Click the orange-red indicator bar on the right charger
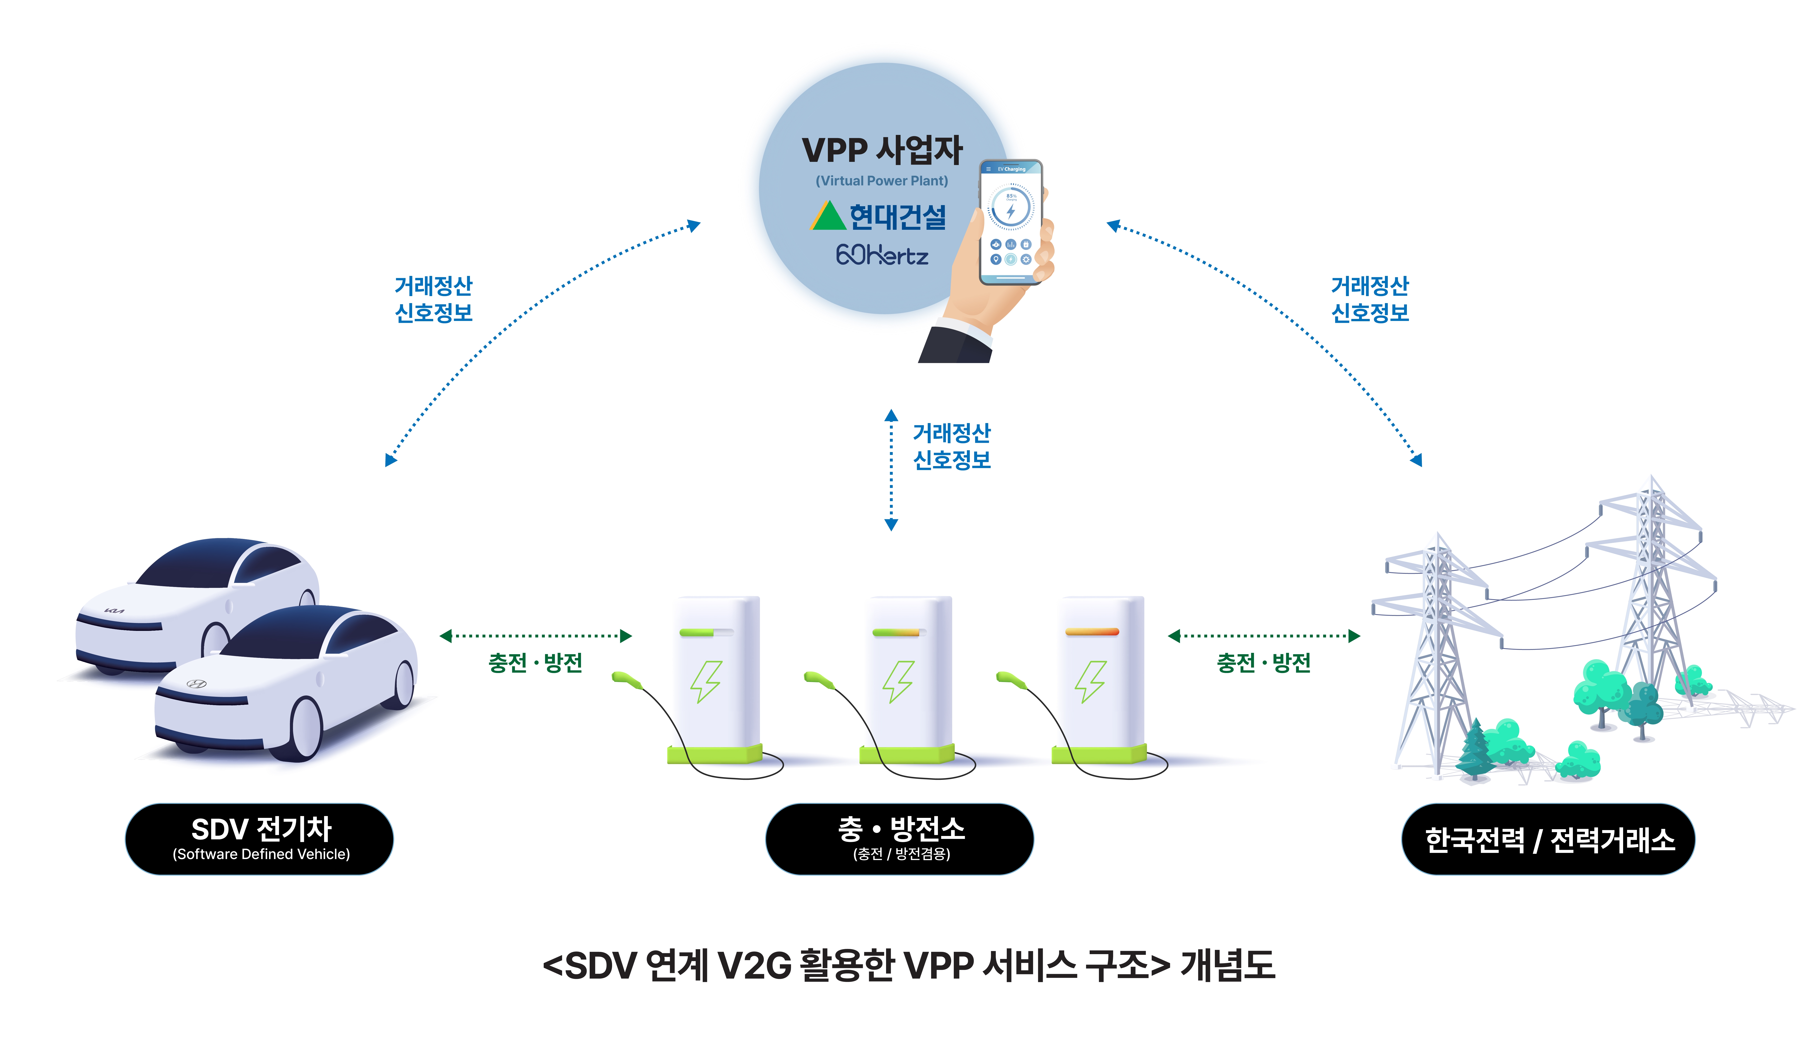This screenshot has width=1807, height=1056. coord(1091,632)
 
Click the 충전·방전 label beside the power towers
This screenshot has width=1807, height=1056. coord(1264,662)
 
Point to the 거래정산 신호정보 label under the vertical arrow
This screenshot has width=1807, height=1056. coord(952,446)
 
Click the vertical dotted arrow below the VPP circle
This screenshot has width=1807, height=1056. coord(891,469)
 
